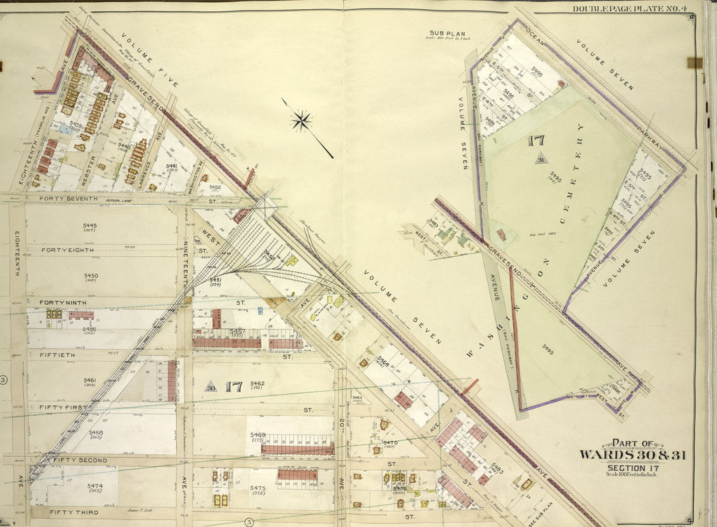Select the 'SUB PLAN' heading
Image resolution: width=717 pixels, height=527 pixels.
pos(443,33)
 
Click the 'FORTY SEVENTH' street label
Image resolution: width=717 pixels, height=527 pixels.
pos(69,199)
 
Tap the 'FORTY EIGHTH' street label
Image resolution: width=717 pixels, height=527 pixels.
pos(69,250)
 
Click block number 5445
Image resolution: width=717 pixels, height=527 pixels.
pos(90,225)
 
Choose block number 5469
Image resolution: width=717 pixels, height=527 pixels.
pos(258,435)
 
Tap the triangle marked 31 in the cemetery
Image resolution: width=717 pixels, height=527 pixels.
pos(541,160)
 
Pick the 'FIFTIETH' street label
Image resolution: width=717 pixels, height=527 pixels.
pos(61,356)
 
